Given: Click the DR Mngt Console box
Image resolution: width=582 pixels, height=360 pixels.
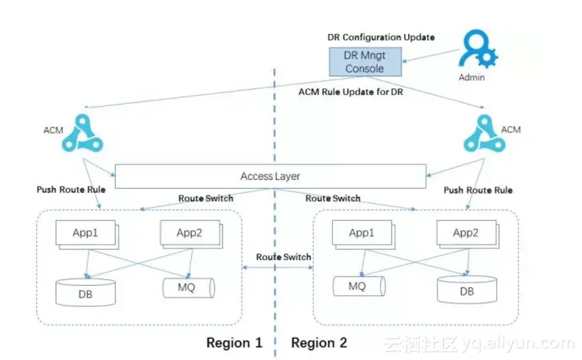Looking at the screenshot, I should [x=364, y=61].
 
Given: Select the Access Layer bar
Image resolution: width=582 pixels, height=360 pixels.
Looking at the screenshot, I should [x=270, y=176].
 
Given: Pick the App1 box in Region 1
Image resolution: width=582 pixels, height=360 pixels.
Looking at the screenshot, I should [x=85, y=234].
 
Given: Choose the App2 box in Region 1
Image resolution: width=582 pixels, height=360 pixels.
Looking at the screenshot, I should [x=189, y=234].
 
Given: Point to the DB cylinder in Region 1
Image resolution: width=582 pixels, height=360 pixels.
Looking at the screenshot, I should [x=86, y=291].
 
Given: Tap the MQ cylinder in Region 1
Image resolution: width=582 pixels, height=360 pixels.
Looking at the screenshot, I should [x=187, y=288].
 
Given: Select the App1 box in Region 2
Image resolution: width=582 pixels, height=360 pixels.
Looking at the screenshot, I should [x=362, y=234].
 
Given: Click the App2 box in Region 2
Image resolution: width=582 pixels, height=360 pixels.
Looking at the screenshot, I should [x=465, y=234].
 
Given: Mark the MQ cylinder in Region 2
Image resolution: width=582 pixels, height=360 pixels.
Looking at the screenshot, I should [x=358, y=286].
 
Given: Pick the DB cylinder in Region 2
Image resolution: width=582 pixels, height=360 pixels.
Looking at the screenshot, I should [x=466, y=290].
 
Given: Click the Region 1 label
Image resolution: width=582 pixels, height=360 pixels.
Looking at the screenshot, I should [x=234, y=343].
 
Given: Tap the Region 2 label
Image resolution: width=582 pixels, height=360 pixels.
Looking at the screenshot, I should [x=319, y=343].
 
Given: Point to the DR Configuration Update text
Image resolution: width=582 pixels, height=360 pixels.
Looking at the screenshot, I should [x=381, y=37].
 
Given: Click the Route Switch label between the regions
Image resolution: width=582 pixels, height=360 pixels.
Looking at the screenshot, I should [x=283, y=257].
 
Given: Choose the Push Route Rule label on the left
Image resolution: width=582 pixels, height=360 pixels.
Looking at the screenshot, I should [x=71, y=190].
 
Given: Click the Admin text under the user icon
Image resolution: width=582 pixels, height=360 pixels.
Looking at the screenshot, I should [x=472, y=78].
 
